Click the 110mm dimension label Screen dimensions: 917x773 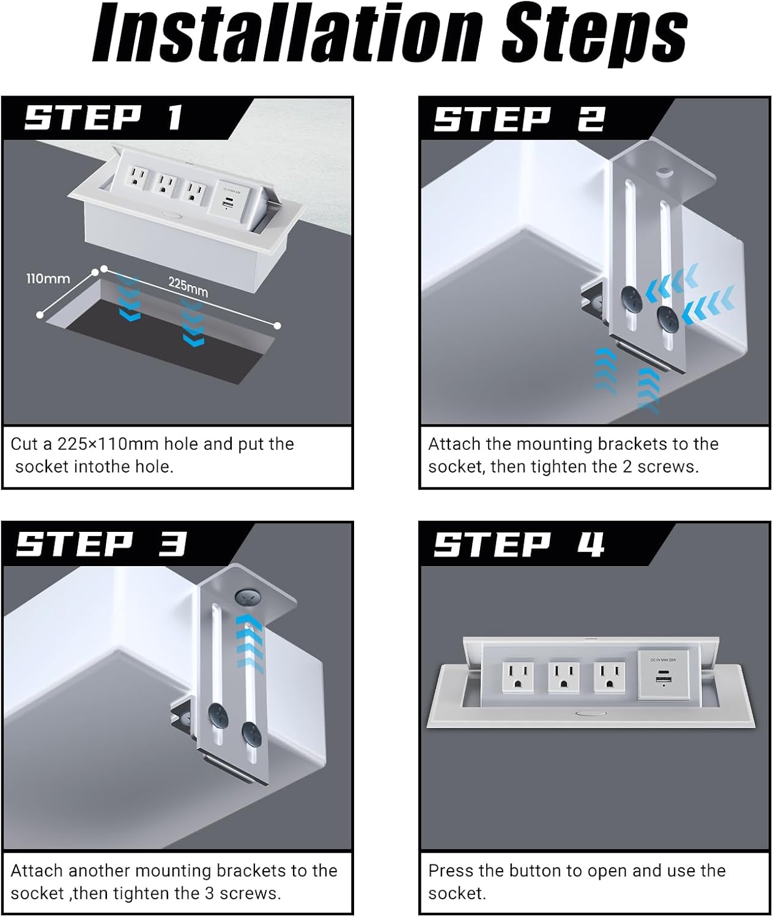pyautogui.click(x=48, y=279)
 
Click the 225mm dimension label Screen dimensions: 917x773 pyautogui.click(x=188, y=286)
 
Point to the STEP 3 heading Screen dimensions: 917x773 pyautogui.click(x=101, y=543)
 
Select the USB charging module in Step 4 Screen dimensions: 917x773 pyautogui.click(x=664, y=675)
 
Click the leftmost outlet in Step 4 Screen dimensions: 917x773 pyautogui.click(x=517, y=677)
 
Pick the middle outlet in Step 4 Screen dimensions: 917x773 pyautogui.click(x=563, y=677)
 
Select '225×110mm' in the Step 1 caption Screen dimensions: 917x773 pyautogui.click(x=108, y=444)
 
